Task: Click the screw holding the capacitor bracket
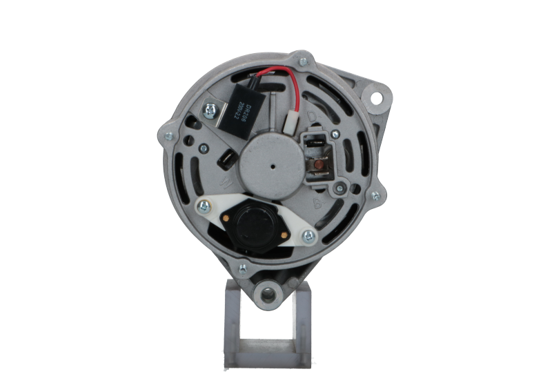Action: (x=208, y=108)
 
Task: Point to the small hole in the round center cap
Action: (x=275, y=166)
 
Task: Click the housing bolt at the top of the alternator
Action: (x=302, y=61)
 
